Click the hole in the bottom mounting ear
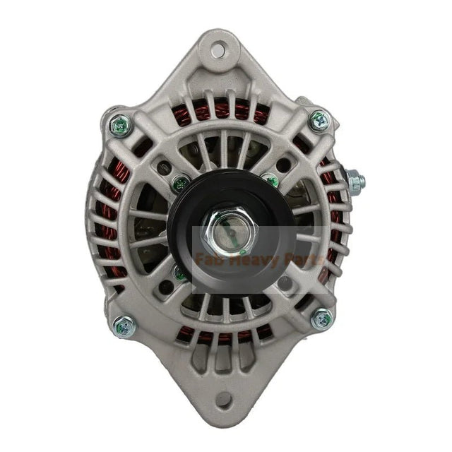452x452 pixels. point(224,400)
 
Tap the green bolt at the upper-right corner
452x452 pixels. point(319,120)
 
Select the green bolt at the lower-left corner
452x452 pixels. point(124,326)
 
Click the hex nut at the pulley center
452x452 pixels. point(228,233)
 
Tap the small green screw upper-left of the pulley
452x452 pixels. point(181,186)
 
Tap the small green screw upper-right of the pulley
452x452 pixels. point(270,181)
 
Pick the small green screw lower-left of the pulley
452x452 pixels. point(181,273)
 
